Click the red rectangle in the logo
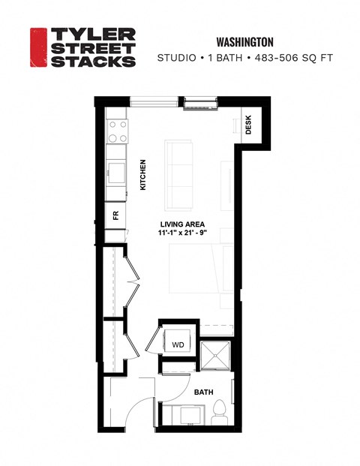click(x=38, y=48)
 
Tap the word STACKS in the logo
click(x=92, y=62)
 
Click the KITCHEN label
click(x=142, y=174)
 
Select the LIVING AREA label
click(x=183, y=224)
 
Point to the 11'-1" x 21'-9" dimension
click(x=183, y=234)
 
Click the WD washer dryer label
click(x=178, y=344)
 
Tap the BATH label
click(x=203, y=392)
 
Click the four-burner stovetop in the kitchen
click(x=117, y=133)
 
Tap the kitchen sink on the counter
click(x=115, y=170)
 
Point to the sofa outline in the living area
click(x=179, y=174)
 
